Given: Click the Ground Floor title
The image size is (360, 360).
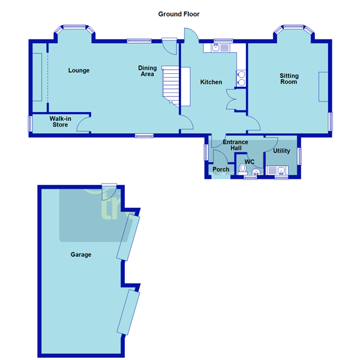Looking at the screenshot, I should coord(179,13).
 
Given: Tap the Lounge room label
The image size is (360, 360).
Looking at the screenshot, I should coord(79,71).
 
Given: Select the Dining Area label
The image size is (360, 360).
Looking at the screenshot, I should coord(147,71).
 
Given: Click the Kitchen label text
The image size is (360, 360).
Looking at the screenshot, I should coord(211,82).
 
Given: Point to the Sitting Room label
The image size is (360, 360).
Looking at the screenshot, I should coord(289,79).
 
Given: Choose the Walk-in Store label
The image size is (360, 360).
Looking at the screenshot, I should coord(59,122).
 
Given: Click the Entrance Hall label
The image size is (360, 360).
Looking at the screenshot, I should coord(235,146).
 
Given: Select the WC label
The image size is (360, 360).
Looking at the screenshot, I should coord(250,162).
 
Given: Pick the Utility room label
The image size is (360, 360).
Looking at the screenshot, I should coord(281,151).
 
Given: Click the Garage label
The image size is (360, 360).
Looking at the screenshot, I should coord(81,255).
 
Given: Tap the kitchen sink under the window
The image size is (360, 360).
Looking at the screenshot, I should coord(217,49).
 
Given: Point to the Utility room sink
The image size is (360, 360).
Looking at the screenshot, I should coord(280,172).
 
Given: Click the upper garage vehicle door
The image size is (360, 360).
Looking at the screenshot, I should coord(128,238).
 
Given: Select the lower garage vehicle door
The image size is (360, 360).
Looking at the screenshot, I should coord(128,313).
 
